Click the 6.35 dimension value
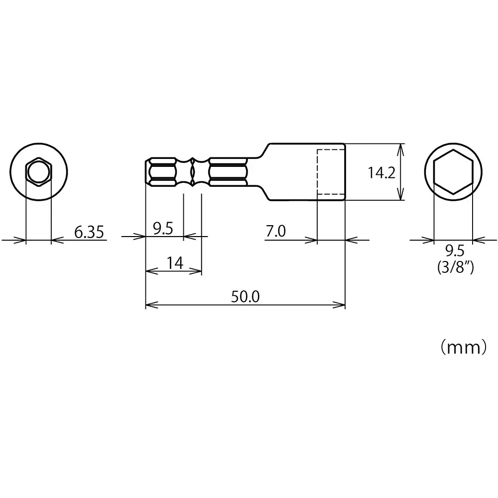[90, 232]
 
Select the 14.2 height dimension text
[381, 173]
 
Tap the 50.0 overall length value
[245, 296]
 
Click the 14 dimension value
[174, 263]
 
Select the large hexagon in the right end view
[453, 172]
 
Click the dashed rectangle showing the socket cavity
[331, 172]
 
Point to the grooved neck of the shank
[192, 172]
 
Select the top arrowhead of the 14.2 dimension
[400, 148]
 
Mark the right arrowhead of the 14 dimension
[198, 271]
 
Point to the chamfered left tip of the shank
[148, 172]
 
